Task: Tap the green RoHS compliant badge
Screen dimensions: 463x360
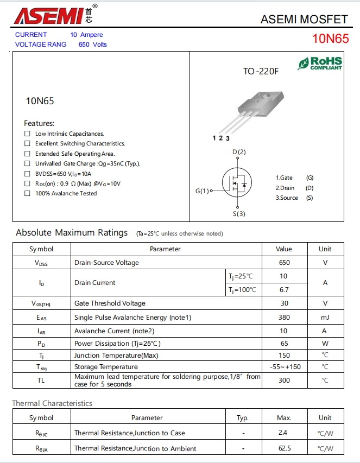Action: [320, 64]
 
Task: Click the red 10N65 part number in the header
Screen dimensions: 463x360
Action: [330, 39]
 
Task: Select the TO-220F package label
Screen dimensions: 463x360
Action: [260, 71]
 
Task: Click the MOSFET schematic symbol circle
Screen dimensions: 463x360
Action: [237, 184]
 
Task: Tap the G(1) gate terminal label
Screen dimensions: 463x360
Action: [202, 191]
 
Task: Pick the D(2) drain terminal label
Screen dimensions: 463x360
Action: [239, 152]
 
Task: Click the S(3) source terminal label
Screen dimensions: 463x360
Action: [239, 214]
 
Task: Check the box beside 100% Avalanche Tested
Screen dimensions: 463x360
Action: [27, 194]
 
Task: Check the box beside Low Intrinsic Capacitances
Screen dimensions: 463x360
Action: [27, 134]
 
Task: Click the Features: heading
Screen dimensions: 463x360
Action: [39, 123]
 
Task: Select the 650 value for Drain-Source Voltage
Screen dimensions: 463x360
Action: [284, 263]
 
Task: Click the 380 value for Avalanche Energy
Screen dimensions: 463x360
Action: [284, 318]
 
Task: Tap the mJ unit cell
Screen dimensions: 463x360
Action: [325, 318]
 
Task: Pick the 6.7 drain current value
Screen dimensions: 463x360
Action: [284, 290]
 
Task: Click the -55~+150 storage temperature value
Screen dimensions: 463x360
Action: [284, 367]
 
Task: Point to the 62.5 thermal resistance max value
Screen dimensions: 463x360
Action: [284, 448]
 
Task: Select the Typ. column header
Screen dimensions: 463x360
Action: [243, 418]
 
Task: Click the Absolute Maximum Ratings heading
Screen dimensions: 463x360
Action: [72, 233]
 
